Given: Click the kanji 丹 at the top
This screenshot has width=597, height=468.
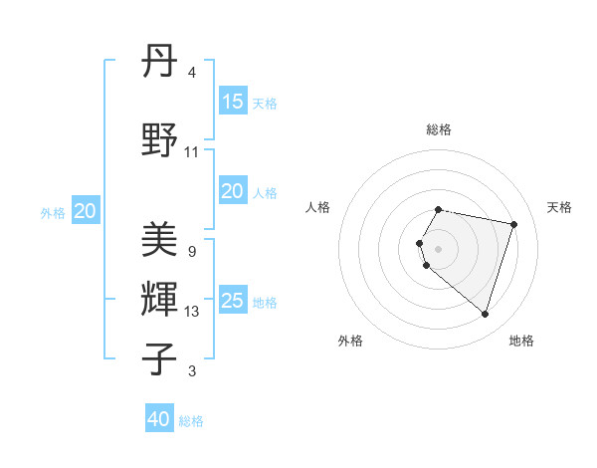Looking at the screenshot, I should tap(161, 63).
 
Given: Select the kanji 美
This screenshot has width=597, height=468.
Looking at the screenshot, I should tap(161, 240).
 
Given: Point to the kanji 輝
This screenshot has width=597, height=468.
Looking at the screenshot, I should tap(161, 299).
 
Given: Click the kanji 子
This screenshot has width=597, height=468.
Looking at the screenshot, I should tap(161, 357).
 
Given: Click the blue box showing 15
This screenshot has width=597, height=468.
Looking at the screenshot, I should tap(233, 102).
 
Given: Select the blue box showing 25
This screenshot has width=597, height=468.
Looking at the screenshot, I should tap(233, 301).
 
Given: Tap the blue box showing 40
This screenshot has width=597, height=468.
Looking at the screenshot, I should tap(159, 419).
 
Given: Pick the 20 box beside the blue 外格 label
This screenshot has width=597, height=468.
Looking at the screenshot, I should tap(86, 211).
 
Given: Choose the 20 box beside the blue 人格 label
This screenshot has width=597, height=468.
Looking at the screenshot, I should tap(233, 191).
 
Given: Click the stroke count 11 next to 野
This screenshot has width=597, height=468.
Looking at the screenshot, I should tap(192, 151).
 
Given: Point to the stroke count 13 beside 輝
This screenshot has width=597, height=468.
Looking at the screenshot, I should tap(192, 312).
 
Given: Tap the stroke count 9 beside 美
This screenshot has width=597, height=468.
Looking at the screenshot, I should tap(191, 251).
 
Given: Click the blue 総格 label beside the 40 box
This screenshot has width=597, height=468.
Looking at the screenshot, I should tap(191, 421).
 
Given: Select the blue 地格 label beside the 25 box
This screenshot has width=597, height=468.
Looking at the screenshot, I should tap(265, 303).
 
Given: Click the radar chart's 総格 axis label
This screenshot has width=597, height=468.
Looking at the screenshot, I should tap(439, 129).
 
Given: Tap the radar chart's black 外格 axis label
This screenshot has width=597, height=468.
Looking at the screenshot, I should tap(350, 341).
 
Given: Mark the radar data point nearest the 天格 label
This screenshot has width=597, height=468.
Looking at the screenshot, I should tap(513, 224).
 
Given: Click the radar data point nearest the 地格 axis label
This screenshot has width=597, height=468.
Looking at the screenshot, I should tap(485, 315).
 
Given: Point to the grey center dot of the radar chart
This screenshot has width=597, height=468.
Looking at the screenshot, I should tap(439, 248).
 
